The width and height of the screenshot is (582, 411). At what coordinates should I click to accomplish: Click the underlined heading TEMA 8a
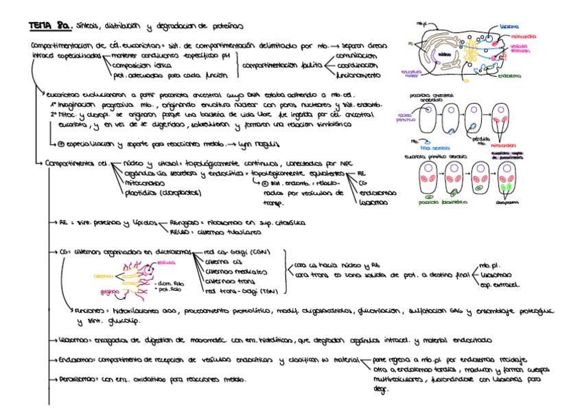click(x=45, y=26)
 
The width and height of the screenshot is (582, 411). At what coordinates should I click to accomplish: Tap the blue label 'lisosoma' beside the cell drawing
click(x=529, y=25)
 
